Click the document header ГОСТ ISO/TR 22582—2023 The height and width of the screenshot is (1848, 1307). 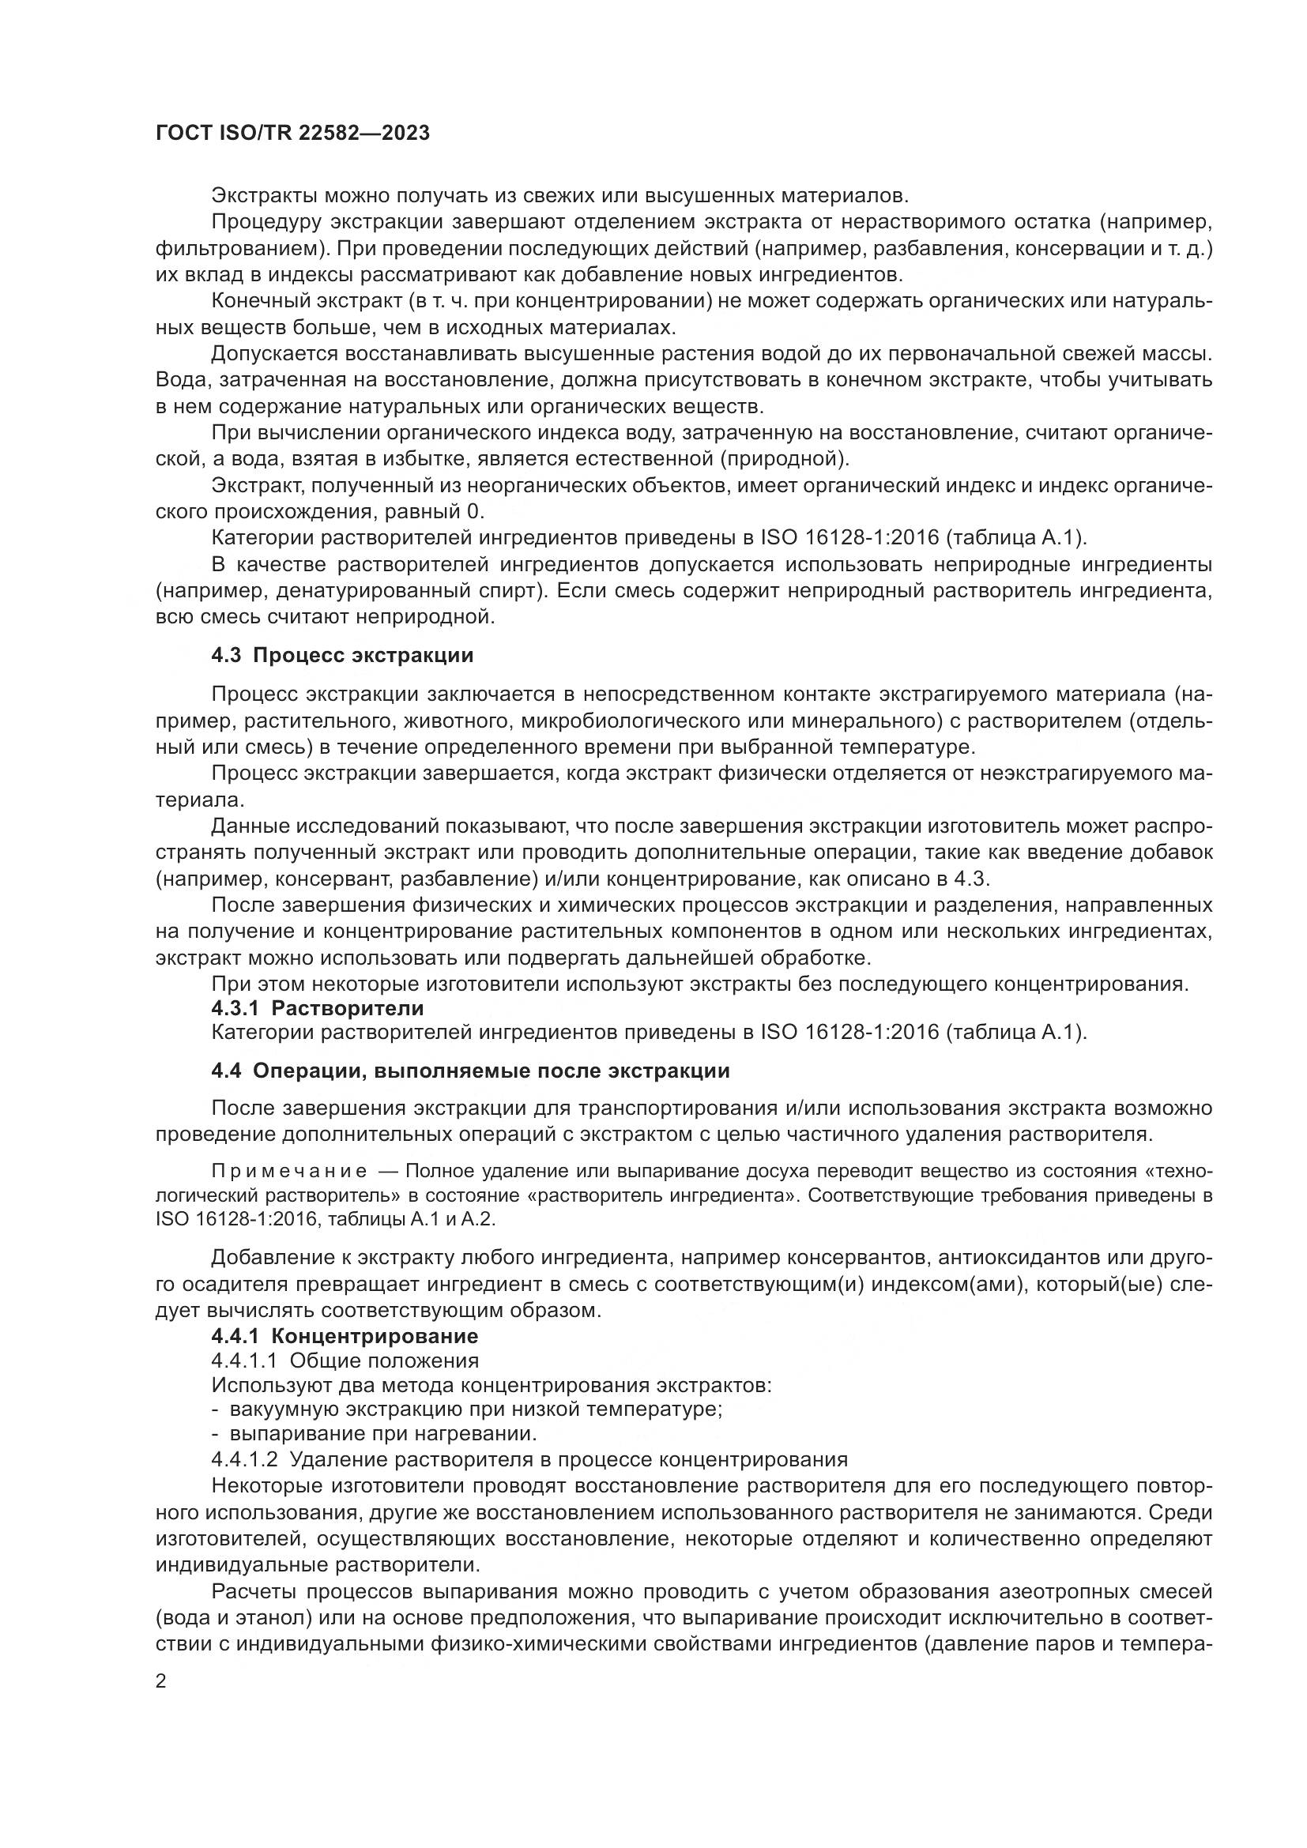293,134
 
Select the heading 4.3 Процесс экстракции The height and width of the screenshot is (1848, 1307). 342,655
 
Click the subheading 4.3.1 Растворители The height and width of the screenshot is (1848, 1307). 317,1007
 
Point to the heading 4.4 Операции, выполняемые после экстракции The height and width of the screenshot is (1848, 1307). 470,1071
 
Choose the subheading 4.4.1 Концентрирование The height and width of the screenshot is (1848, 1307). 345,1336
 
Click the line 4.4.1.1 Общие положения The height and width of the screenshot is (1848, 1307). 345,1361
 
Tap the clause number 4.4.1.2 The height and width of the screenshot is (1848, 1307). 244,1459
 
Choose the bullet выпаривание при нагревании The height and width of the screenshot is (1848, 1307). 375,1434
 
